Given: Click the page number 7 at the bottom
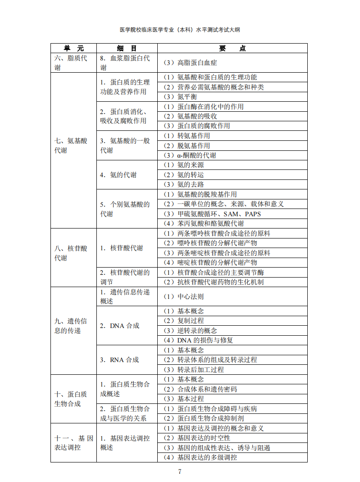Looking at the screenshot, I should point(180,472).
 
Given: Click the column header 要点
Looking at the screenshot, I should point(232,48).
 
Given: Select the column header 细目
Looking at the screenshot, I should point(127,48).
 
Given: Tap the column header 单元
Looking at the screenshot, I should point(73,48).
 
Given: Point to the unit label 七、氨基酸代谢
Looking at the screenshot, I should point(70,146).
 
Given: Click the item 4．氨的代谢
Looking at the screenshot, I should point(118,175).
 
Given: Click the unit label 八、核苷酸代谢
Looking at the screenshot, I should point(70,253).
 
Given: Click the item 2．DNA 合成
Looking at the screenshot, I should point(120,326).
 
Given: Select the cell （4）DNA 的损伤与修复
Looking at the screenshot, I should point(198,340).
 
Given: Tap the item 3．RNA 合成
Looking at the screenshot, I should point(119,360).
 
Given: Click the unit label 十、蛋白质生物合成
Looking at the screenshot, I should point(70,399).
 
